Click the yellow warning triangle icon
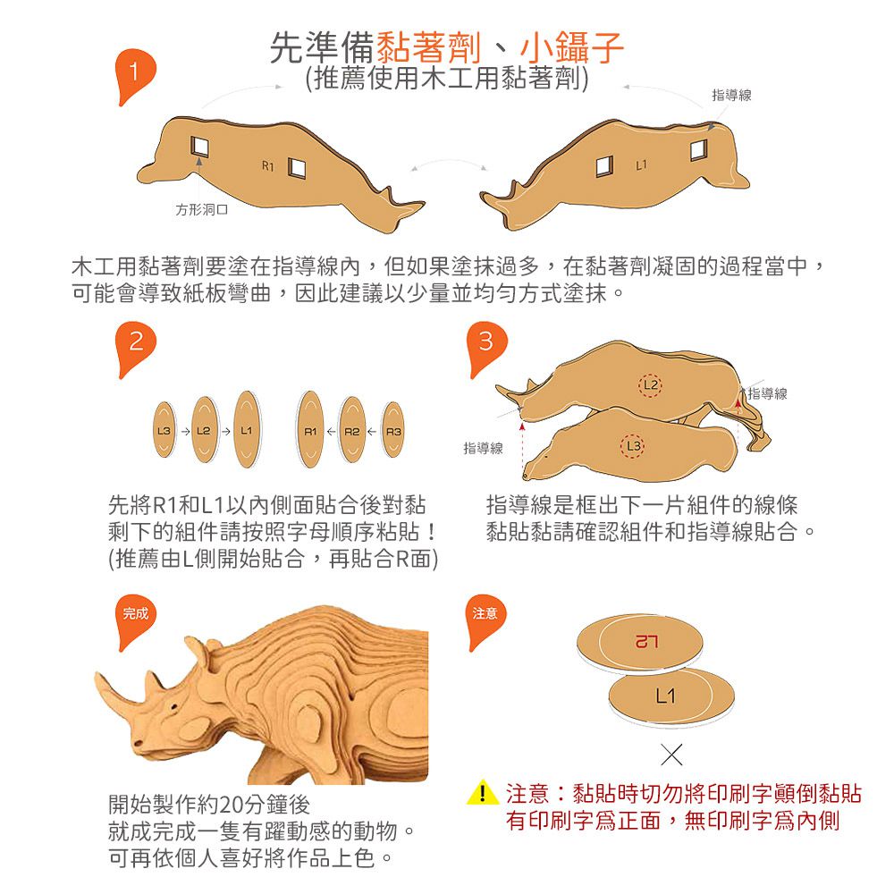(x=483, y=792)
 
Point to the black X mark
(x=671, y=755)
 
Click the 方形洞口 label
(x=202, y=210)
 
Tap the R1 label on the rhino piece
(x=268, y=166)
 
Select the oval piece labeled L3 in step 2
(x=164, y=431)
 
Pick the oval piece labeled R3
(x=393, y=431)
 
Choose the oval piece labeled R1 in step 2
(x=311, y=429)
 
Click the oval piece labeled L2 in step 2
(x=204, y=431)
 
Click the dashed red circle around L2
(x=650, y=384)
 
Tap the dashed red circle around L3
(x=632, y=446)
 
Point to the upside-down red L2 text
(x=646, y=642)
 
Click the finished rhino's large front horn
(x=117, y=691)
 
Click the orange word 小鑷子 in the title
(x=571, y=47)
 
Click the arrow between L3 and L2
(x=185, y=432)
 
